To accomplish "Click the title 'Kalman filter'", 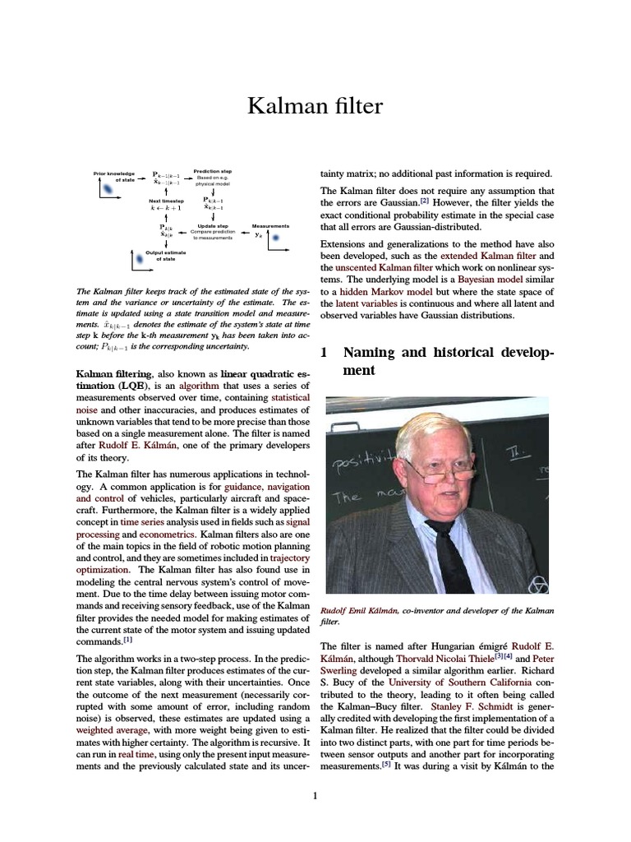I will point(315,105).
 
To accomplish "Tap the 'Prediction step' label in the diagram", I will point(212,171).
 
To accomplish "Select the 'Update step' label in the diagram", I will point(213,225).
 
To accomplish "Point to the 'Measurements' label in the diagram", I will point(270,225).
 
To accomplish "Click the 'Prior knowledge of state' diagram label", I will point(114,176).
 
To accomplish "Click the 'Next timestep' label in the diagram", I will point(166,200).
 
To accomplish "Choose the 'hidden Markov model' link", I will point(383,291).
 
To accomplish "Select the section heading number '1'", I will point(324,353).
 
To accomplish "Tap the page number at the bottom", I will point(315,795).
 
